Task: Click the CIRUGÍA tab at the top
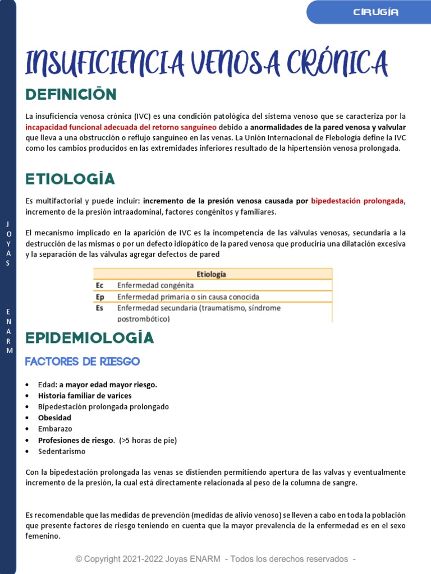pyautogui.click(x=376, y=12)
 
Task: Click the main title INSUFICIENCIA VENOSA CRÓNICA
pyautogui.click(x=207, y=62)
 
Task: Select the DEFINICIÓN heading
pyautogui.click(x=71, y=94)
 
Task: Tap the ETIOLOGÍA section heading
pyautogui.click(x=70, y=179)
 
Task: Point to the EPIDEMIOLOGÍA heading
pyautogui.click(x=90, y=338)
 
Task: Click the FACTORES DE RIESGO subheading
pyautogui.click(x=82, y=362)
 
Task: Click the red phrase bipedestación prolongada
pyautogui.click(x=357, y=201)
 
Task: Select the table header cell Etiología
pyautogui.click(x=212, y=274)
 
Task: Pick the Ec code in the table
pyautogui.click(x=100, y=285)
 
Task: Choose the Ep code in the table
pyautogui.click(x=100, y=297)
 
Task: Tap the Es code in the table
pyautogui.click(x=100, y=308)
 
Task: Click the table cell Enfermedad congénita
pyautogui.click(x=155, y=285)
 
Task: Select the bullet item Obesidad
pyautogui.click(x=54, y=418)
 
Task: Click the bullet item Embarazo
pyautogui.click(x=55, y=429)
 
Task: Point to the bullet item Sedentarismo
pyautogui.click(x=62, y=451)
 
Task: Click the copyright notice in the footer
pyautogui.click(x=216, y=559)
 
